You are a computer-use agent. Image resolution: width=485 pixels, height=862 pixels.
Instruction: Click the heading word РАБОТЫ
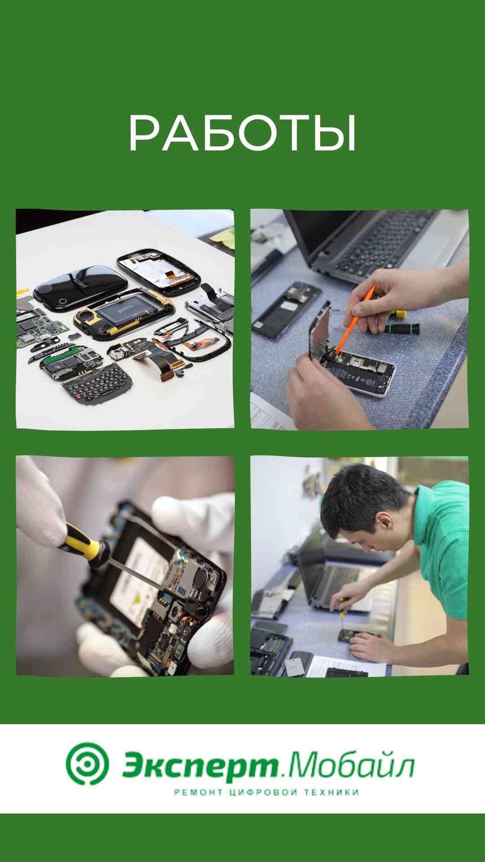pyautogui.click(x=242, y=133)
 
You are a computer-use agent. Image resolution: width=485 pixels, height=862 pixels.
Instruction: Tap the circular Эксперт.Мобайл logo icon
pyautogui.click(x=87, y=764)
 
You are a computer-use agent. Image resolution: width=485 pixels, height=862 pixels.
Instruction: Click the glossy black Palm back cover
pyautogui.click(x=81, y=288)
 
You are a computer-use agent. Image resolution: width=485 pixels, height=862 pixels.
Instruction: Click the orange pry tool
pyautogui.click(x=355, y=320)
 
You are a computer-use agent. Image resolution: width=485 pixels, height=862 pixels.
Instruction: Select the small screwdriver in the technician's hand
pyautogui.click(x=341, y=613)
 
